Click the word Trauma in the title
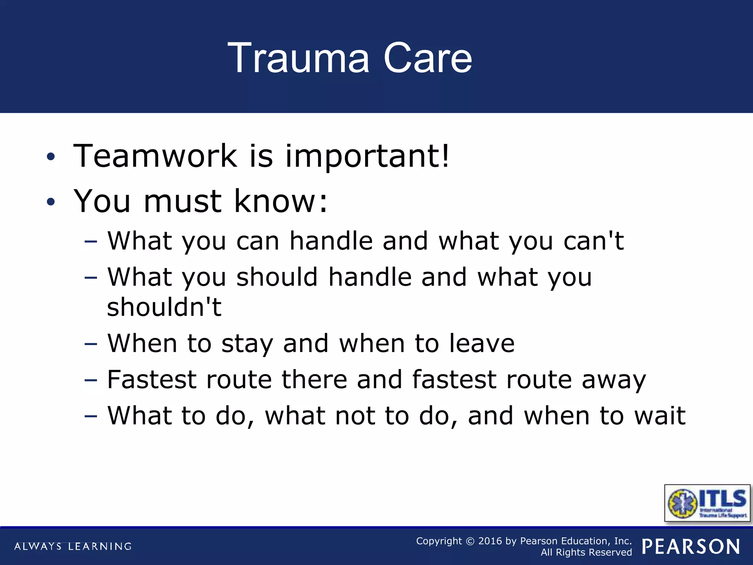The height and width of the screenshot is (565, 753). (x=298, y=58)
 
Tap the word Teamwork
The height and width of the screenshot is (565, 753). (x=155, y=156)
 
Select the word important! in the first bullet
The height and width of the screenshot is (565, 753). (x=367, y=156)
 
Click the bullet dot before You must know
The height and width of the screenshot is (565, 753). (x=51, y=202)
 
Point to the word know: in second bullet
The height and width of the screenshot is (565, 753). (x=281, y=201)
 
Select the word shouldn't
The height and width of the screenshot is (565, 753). (x=164, y=307)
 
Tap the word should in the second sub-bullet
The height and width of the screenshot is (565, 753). (x=277, y=277)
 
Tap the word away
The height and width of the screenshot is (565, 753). (x=614, y=380)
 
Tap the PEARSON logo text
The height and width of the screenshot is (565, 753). (x=690, y=547)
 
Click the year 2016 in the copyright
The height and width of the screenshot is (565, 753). (x=490, y=541)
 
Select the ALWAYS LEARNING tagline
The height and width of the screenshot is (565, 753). (x=73, y=546)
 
